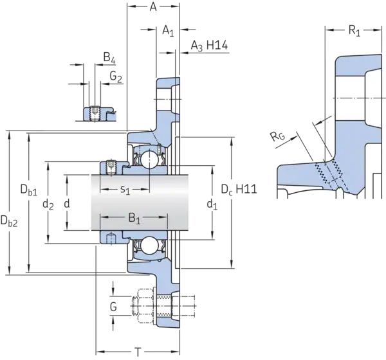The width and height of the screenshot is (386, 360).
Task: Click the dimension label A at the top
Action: [x=153, y=7]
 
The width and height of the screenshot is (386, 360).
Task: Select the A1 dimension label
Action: [x=169, y=31]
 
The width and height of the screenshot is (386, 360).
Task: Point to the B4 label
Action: [x=109, y=58]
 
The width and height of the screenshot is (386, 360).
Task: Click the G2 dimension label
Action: [x=116, y=76]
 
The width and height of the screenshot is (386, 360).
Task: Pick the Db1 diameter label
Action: [x=29, y=190]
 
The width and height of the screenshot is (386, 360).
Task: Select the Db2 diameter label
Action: [x=9, y=221]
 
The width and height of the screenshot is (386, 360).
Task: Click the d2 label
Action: [x=48, y=204]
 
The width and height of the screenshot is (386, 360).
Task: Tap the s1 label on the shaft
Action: [x=125, y=190]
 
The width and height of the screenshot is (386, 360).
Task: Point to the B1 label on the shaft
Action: [x=134, y=219]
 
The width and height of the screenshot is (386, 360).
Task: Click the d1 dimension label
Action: [x=212, y=204]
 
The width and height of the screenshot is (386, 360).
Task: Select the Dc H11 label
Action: [x=239, y=190]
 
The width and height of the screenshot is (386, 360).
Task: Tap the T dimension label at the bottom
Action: [x=138, y=352]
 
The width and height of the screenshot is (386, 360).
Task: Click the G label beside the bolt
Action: [x=113, y=307]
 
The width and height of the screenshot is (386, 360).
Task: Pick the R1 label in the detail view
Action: [x=354, y=31]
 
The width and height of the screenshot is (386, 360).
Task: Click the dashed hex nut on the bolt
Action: [x=146, y=305]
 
